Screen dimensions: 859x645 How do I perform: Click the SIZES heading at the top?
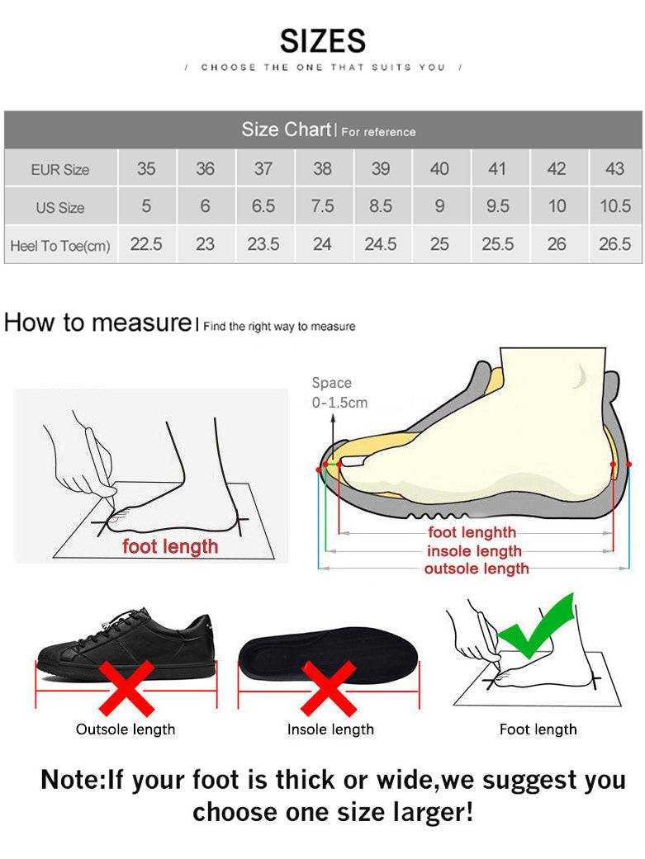(322, 40)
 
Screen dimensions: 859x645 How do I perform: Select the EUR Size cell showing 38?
(322, 168)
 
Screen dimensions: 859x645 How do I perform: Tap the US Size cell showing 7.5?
(322, 206)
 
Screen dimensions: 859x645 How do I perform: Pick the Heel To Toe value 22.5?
(146, 244)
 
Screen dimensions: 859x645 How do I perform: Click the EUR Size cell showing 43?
(614, 168)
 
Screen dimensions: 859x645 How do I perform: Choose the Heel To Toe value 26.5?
(614, 244)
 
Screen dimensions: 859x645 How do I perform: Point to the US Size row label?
(59, 207)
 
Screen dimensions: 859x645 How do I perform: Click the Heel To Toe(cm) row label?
(59, 245)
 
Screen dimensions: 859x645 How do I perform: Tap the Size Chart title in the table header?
(286, 130)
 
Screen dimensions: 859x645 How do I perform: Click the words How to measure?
(97, 323)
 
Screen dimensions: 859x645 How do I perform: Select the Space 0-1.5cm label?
(339, 393)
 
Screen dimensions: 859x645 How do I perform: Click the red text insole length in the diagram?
(474, 551)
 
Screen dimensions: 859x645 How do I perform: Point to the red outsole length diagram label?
(477, 569)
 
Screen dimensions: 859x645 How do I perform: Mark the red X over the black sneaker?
(126, 687)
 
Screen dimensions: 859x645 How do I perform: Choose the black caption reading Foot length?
(538, 729)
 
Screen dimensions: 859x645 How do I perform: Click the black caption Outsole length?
(126, 729)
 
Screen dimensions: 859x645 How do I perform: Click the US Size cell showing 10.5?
(614, 206)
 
